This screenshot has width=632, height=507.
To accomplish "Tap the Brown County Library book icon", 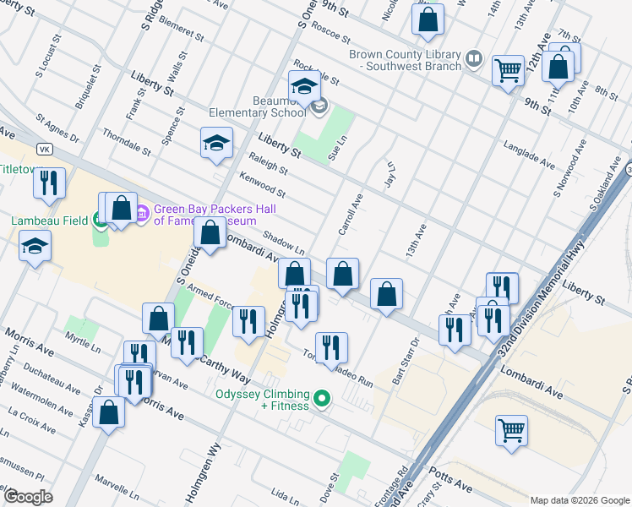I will click(473, 59).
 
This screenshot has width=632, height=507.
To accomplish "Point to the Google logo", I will click(28, 497).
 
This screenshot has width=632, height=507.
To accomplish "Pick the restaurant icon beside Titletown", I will click(51, 183).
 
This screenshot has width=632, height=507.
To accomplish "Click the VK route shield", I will click(45, 149).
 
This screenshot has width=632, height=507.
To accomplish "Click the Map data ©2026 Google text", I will click(580, 499).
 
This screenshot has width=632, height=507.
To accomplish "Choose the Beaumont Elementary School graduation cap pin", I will click(304, 86).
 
